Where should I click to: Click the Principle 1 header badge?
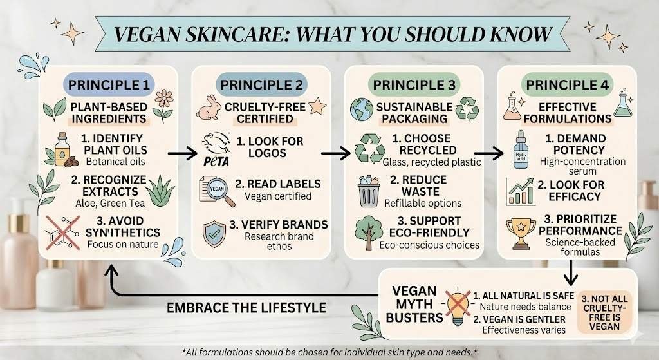107,85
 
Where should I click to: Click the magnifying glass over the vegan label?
216,192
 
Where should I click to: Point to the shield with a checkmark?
214,232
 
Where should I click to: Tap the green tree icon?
369,232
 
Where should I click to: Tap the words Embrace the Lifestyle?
246,307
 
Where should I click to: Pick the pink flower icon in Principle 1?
163,103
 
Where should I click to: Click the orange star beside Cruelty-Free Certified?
317,106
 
